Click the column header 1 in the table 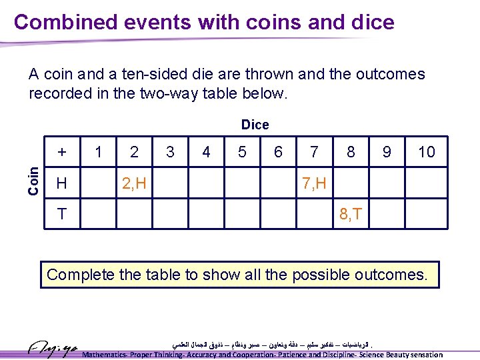(x=99, y=152)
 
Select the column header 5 (x=242, y=152)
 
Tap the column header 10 (x=426, y=152)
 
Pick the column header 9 (x=387, y=152)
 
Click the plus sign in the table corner (x=62, y=152)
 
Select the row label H (x=61, y=183)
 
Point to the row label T (x=61, y=214)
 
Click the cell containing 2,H (x=135, y=183)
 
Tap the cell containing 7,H (x=314, y=183)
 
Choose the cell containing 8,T (x=351, y=214)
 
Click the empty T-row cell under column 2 (x=135, y=214)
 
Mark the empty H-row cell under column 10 (x=426, y=183)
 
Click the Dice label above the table (x=255, y=125)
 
